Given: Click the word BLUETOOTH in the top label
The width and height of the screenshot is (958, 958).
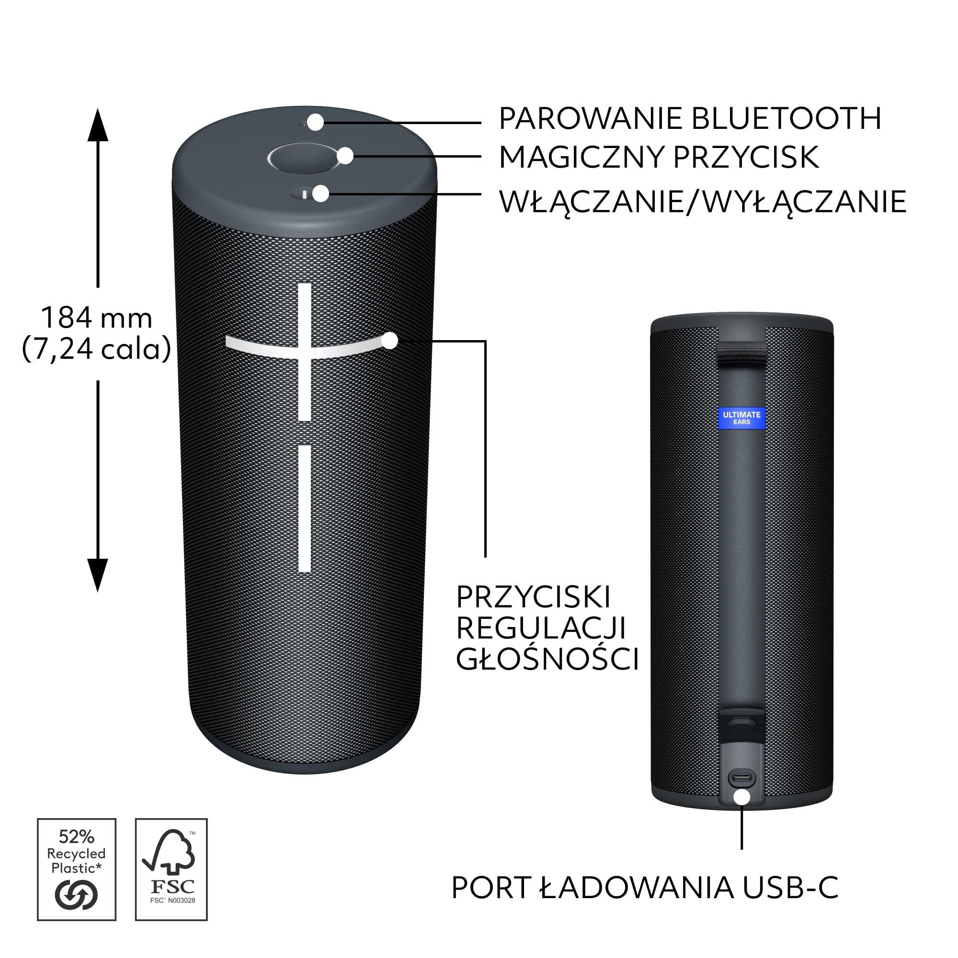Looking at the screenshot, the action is pos(786,118).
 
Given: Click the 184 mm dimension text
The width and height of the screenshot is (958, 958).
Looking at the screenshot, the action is pos(97,318).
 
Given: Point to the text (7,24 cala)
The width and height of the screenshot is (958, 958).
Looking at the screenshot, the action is pos(97,349).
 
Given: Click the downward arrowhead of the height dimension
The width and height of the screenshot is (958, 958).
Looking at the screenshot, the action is pos(98,574).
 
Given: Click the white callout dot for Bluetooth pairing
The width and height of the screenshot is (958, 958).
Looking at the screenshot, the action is pos(315,122).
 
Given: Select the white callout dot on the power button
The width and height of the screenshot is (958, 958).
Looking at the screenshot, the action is pos(321,194).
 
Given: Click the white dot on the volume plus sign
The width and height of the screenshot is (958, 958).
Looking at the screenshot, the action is pos(390,341).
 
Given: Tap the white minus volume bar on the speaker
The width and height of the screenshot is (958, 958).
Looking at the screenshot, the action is pos(305,508).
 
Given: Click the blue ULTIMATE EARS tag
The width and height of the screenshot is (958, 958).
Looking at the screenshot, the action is pos(741,418).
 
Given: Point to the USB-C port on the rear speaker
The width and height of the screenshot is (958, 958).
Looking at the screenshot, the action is pos(741,777).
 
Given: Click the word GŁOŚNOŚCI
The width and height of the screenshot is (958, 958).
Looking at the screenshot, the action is pos(547,660).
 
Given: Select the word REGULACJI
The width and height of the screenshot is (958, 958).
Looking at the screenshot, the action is pos(540,628).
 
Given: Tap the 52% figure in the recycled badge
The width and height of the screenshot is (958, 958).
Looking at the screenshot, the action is pos(76,836).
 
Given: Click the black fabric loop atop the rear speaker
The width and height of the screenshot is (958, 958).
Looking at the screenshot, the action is pos(741,353).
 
